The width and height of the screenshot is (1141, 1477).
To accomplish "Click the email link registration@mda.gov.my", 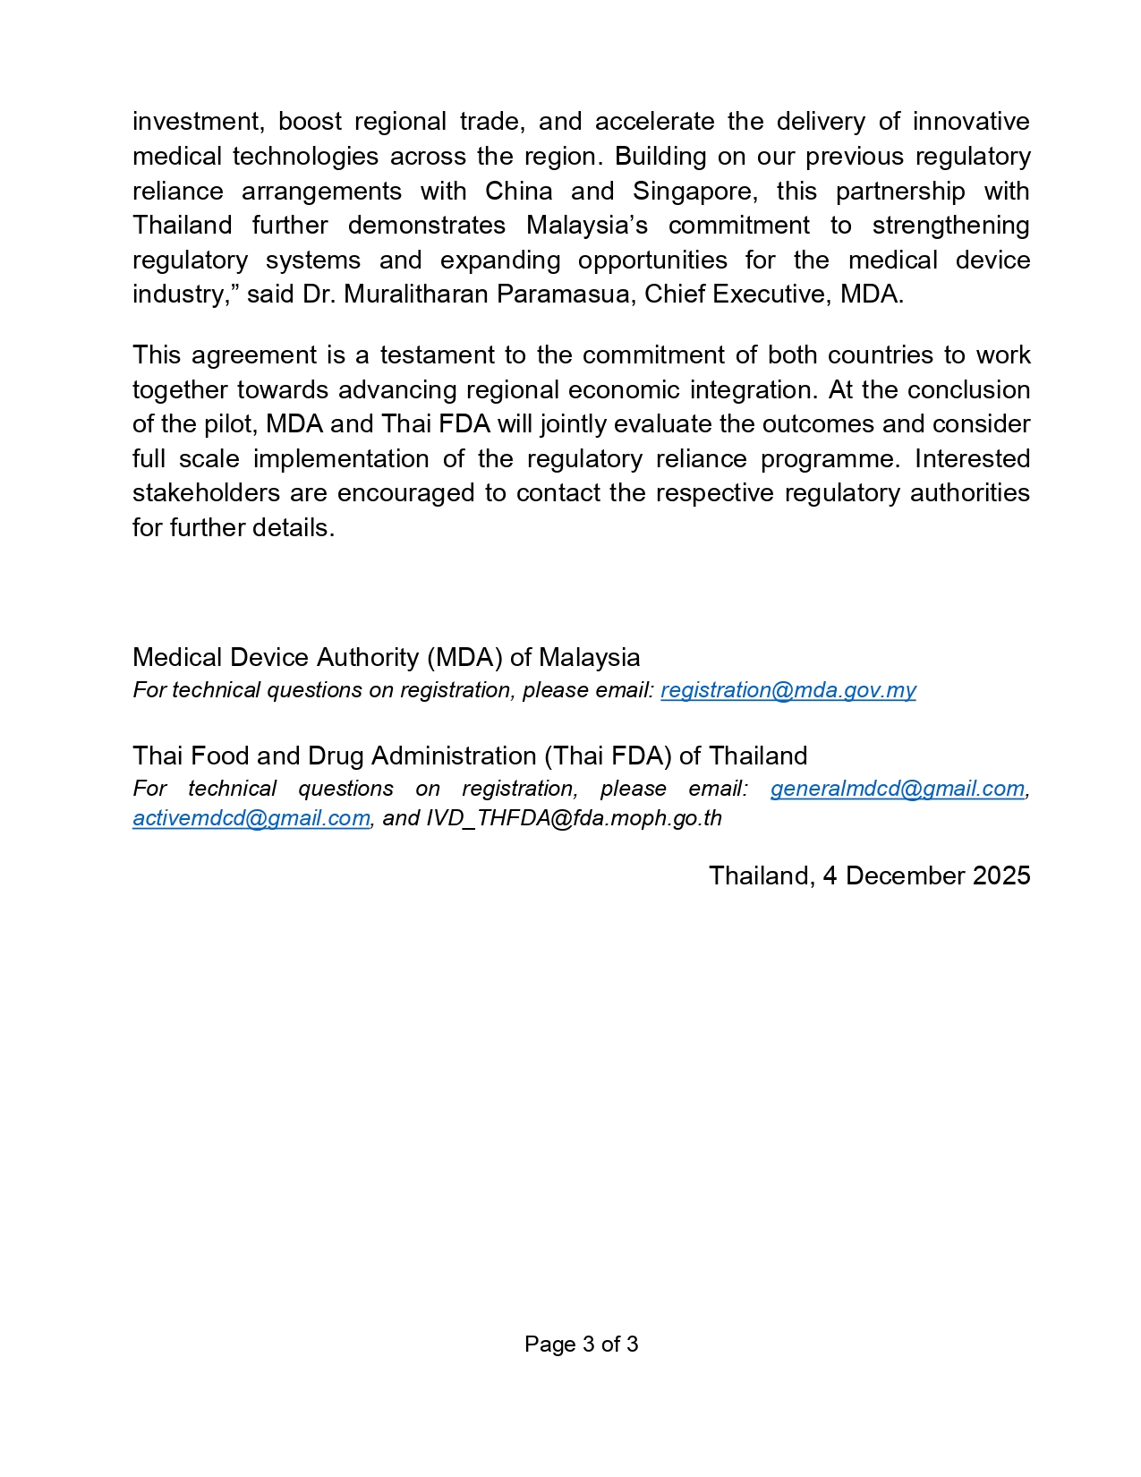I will [x=788, y=690].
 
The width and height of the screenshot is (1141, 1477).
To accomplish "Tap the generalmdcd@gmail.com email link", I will [x=897, y=789].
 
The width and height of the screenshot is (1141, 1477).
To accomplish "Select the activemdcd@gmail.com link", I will [x=251, y=818].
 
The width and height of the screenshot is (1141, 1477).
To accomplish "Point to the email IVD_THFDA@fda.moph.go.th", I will [x=574, y=818].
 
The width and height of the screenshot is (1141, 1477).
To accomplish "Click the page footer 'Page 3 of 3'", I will [x=581, y=1344].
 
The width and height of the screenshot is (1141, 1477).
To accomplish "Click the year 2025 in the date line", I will [x=1001, y=875].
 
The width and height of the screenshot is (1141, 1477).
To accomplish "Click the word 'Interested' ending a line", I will [x=972, y=459].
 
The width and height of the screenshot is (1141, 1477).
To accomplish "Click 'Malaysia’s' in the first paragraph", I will [x=586, y=226].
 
